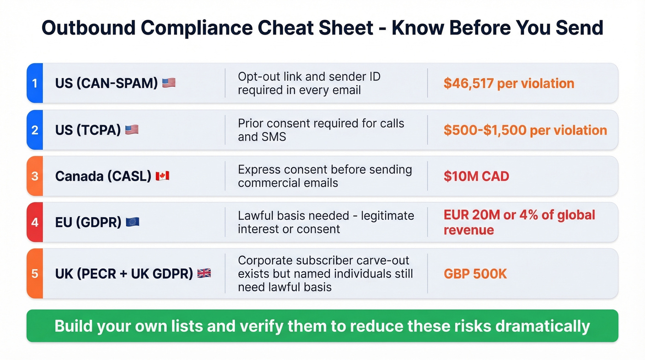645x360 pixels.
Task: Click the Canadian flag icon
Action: pos(162,176)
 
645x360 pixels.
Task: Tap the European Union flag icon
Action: pos(132,222)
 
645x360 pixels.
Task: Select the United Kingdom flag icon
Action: pos(204,273)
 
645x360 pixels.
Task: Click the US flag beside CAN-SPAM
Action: pos(169,83)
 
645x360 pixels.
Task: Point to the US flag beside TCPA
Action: pos(132,130)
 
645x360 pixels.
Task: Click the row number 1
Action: pos(35,83)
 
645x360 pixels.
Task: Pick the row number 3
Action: pos(35,176)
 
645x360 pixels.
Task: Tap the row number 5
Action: pos(35,273)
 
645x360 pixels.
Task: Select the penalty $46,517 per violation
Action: pos(509,83)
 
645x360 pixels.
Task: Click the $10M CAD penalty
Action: pos(476,176)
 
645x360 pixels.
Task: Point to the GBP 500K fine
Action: pos(475,274)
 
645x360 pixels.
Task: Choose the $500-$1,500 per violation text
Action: pos(525,130)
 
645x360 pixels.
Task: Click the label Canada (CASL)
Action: pos(103,176)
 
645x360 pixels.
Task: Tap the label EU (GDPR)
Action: pos(88,222)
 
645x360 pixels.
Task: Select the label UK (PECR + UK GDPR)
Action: pos(124,273)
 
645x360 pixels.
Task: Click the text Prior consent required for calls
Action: pos(321,124)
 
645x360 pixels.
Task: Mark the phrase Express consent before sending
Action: pos(325,170)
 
